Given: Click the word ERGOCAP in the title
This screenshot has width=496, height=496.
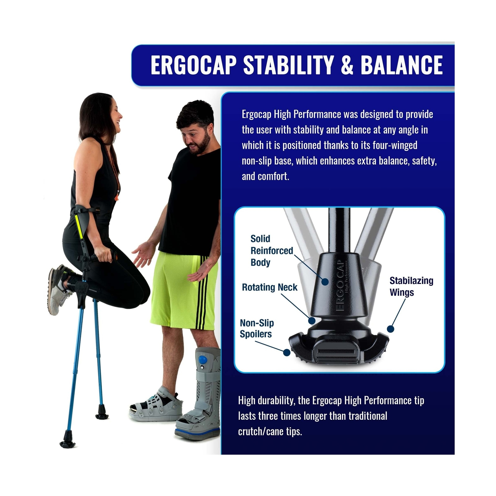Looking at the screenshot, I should [193, 65].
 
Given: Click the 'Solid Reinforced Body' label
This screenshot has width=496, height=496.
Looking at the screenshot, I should [271, 250].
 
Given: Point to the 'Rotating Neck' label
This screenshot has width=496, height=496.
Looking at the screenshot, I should [269, 287].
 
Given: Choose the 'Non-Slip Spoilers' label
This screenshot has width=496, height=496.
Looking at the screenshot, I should [257, 328].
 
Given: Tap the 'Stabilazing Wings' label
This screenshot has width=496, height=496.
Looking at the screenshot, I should [411, 286].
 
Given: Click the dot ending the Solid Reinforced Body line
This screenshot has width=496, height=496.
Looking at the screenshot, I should [325, 281].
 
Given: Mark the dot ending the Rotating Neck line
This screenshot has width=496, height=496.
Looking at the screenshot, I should [312, 321].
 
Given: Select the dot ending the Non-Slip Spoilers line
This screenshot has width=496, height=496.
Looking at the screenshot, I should [287, 352].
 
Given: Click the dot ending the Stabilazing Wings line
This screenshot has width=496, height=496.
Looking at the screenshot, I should [391, 329].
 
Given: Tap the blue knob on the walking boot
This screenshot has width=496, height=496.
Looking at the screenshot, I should [203, 360].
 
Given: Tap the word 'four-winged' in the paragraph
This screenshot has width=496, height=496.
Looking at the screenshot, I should [395, 145].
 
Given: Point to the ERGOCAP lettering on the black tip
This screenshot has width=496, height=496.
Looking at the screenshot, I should [340, 285].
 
